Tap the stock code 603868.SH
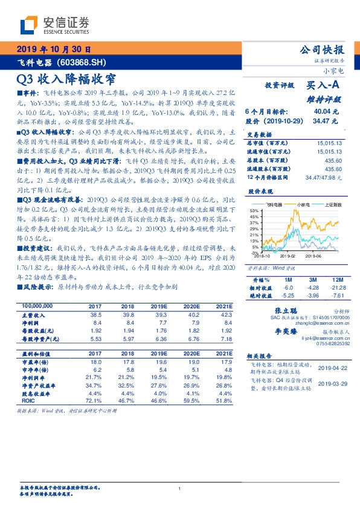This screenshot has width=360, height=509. click(84, 62)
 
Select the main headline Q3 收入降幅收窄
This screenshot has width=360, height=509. click(65, 78)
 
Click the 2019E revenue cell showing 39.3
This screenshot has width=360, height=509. click(158, 315)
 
